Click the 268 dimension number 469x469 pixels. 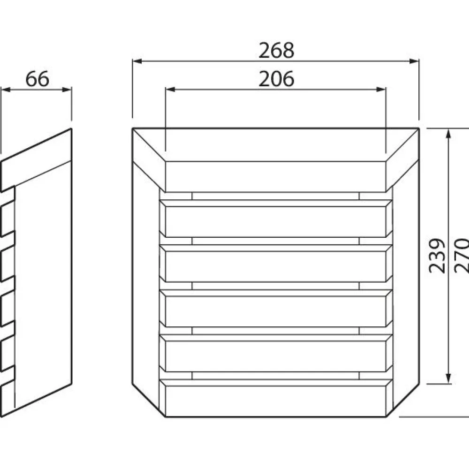[276, 50]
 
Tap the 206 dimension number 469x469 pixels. [276, 79]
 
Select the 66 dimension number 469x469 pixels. [37, 79]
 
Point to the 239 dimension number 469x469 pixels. [437, 256]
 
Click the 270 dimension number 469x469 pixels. [461, 255]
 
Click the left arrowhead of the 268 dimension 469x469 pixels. [137, 61]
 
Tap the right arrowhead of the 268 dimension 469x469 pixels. [414, 61]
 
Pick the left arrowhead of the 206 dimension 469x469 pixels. [170, 90]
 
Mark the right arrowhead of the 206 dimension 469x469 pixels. [381, 90]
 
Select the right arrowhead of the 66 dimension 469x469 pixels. [67, 90]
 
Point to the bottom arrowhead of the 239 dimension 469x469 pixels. [448, 378]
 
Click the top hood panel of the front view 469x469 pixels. [275, 176]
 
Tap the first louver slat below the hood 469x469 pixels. [275, 222]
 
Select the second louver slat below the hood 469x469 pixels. [275, 266]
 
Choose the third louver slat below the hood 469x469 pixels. [275, 311]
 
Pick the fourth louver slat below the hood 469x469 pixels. [275, 356]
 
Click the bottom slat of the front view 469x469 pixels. [275, 401]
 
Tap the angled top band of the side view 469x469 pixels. [37, 160]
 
